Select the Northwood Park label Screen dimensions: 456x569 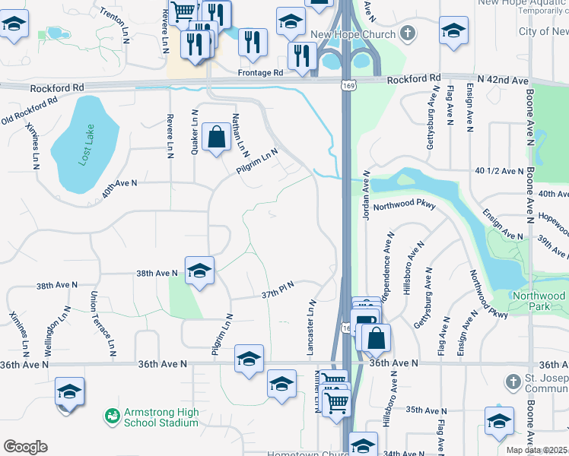pyautogui.click(x=538, y=300)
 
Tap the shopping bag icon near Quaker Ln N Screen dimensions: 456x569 pyautogui.click(x=217, y=138)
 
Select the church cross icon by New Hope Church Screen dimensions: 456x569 pyautogui.click(x=408, y=33)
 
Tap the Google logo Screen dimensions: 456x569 pyautogui.click(x=25, y=447)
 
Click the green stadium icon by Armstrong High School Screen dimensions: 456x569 pyautogui.click(x=112, y=416)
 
